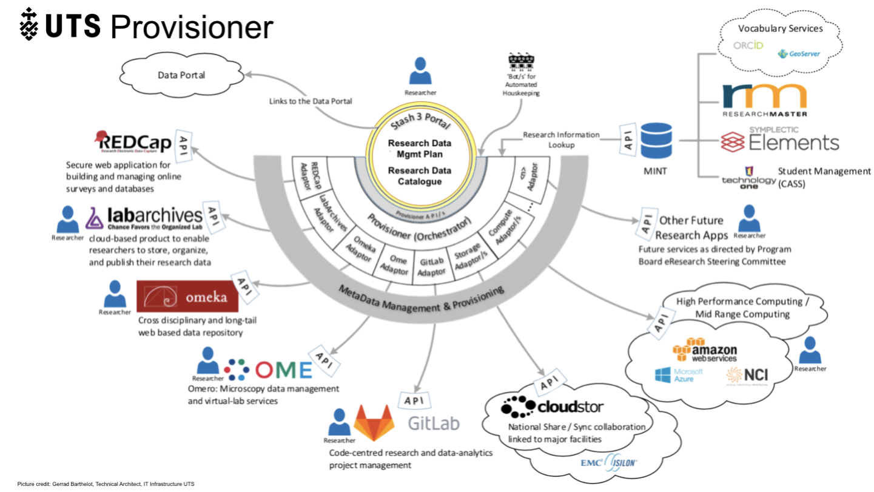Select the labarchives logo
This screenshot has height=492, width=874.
pos(146,218)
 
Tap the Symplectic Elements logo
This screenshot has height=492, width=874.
pos(780,140)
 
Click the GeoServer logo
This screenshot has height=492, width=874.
pos(799,54)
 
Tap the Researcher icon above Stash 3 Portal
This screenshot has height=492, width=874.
pos(420,71)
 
